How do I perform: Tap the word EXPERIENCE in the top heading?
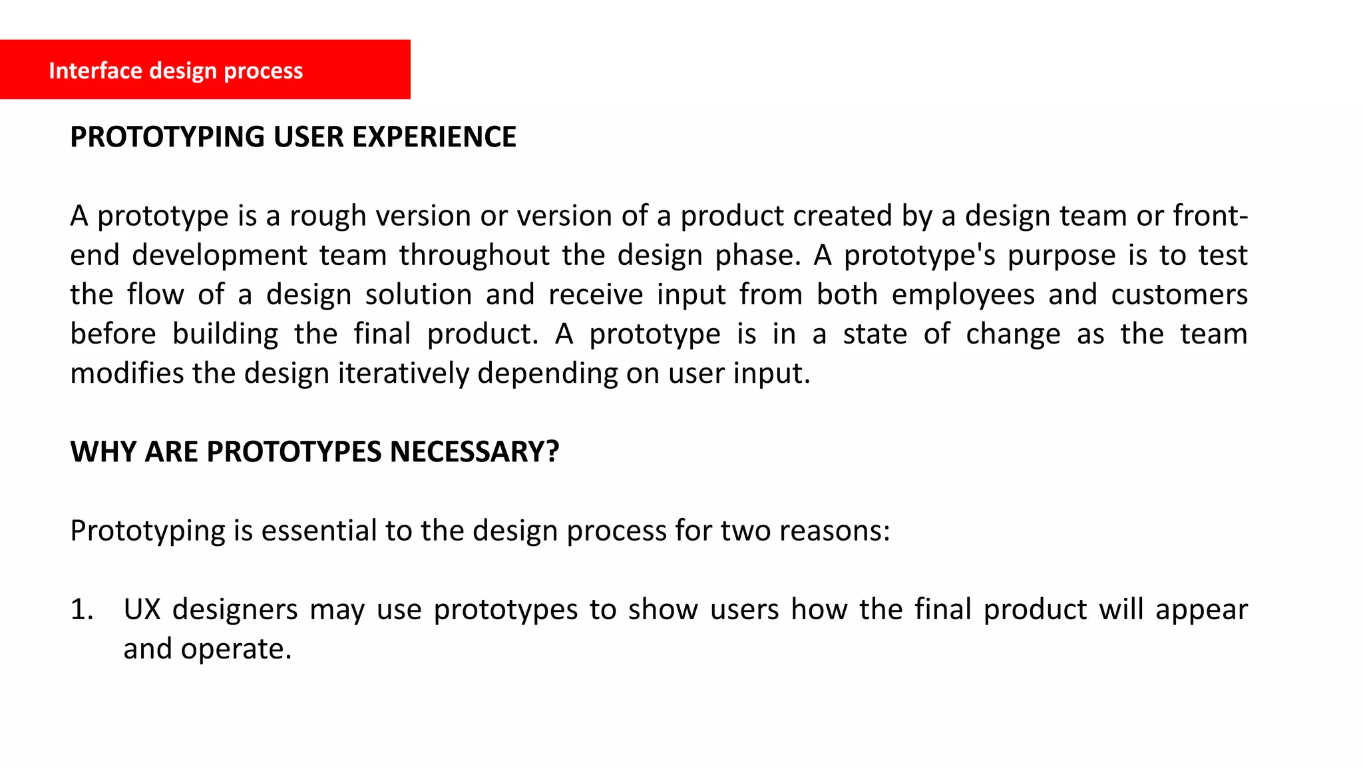(x=434, y=137)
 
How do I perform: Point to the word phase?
(x=758, y=256)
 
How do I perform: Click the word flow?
(x=155, y=295)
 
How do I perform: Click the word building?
(x=225, y=334)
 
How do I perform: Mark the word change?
(x=1012, y=334)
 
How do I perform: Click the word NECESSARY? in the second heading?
(x=474, y=452)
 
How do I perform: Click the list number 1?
(x=81, y=610)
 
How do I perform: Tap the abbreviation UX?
(x=142, y=610)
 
